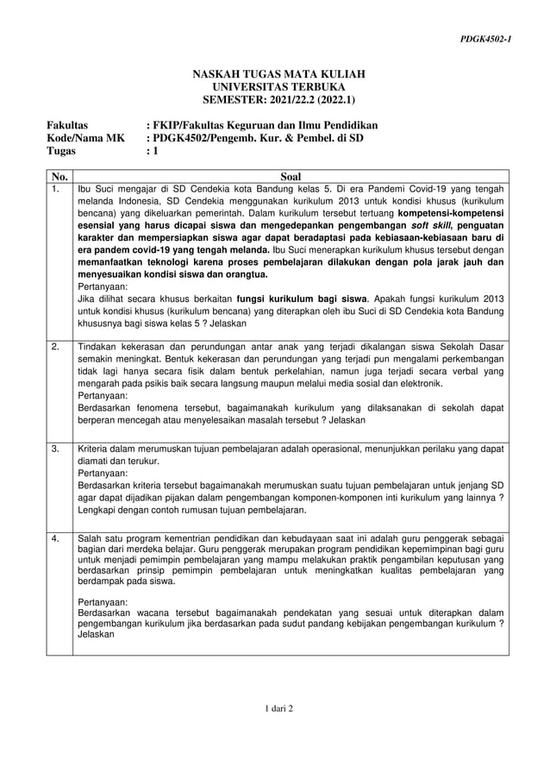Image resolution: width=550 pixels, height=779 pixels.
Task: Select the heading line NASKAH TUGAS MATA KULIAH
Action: click(278, 75)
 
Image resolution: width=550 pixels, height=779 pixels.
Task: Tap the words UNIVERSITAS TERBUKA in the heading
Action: click(278, 87)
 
